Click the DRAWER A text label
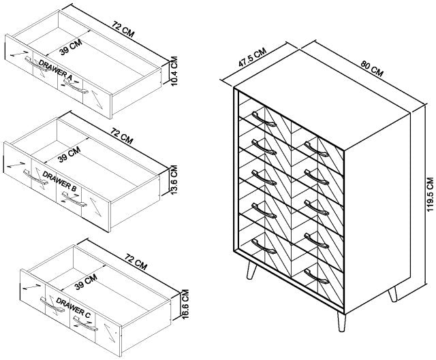click(57, 67)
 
